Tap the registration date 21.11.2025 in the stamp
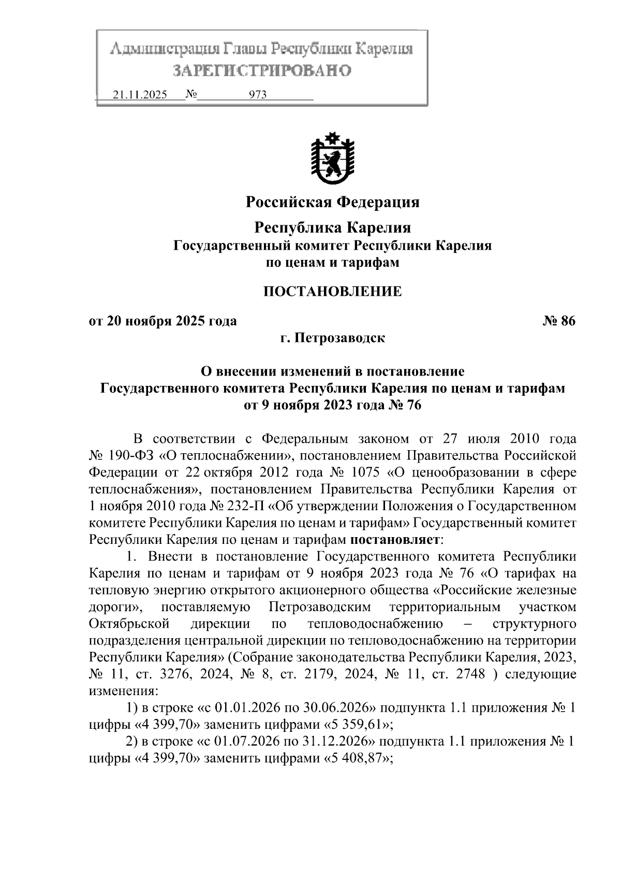[x=139, y=95]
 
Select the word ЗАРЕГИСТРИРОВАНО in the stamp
[x=261, y=70]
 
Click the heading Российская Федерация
[x=332, y=201]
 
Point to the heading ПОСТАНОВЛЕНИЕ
[x=332, y=292]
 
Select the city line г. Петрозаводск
[x=332, y=338]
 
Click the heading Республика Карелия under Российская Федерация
[x=332, y=227]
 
